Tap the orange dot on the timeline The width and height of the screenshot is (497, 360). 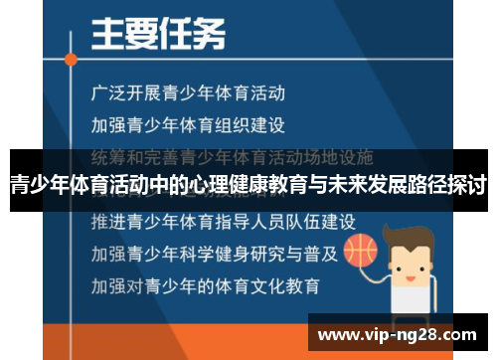71,59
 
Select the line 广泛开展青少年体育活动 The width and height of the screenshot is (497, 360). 187,94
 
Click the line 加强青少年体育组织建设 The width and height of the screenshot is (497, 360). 187,125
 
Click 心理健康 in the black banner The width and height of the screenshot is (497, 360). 235,184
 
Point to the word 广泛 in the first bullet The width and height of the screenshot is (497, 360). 104,94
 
